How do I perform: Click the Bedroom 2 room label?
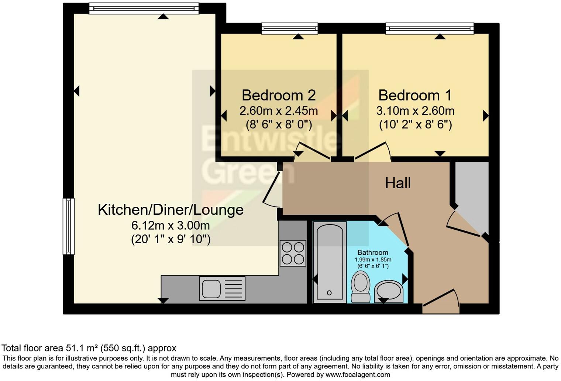(279, 95)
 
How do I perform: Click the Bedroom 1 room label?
(415, 95)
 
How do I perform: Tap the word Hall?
(397, 183)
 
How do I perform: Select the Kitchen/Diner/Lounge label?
(171, 210)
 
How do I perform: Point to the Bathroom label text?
(372, 253)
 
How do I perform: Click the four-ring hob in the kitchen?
(293, 253)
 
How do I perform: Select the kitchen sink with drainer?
(222, 288)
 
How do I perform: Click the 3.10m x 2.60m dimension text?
(415, 111)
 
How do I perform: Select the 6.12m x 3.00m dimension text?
(171, 225)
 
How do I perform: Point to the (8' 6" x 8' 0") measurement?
(279, 124)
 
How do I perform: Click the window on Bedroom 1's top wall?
(429, 28)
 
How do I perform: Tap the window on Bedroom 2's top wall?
(289, 28)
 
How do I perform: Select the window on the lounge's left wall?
(69, 226)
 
